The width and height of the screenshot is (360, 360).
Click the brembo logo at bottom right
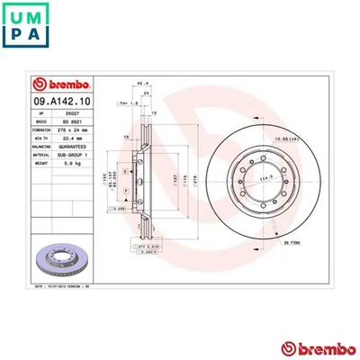click(311, 347)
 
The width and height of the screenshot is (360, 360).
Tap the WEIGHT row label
click(42, 166)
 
